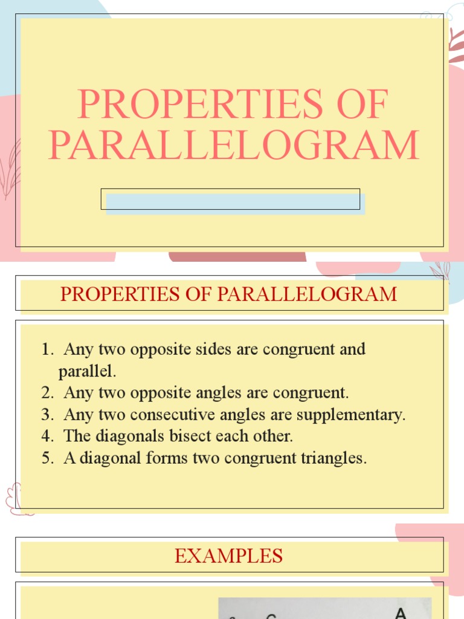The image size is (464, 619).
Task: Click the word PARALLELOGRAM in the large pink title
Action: [x=233, y=145]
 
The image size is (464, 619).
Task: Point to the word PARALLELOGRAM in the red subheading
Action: [x=307, y=294]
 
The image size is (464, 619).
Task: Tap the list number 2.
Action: [x=47, y=393]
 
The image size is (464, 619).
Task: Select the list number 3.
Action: [x=47, y=415]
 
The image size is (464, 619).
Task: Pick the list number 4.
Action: [x=47, y=436]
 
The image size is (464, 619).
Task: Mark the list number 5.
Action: [x=47, y=458]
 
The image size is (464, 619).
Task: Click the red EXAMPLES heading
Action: [x=228, y=556]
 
